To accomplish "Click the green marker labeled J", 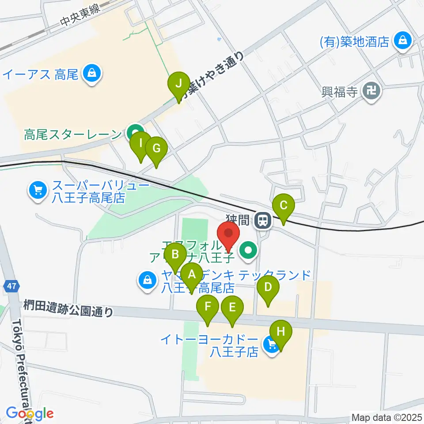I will coord(179,83).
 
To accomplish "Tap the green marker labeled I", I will coord(140,144).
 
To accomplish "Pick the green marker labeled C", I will coord(284,206).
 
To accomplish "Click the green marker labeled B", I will coord(175,255).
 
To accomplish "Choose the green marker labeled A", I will coord(192,275).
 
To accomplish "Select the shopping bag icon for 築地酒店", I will coord(403,42).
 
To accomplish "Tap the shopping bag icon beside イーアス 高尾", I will coord(92,73).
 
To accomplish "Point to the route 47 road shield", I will coord(11,287).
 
